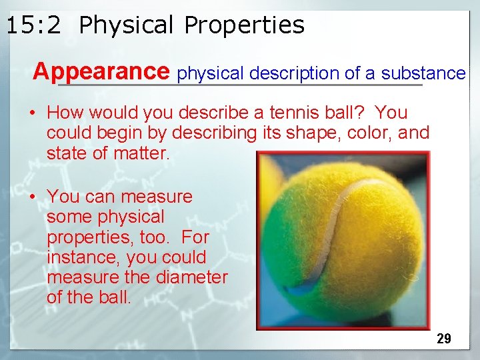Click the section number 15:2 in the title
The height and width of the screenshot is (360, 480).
pos(33,25)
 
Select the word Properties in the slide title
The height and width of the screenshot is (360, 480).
pos(244,25)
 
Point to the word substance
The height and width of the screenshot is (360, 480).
pos(423,73)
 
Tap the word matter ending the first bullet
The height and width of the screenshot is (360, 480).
pos(142,154)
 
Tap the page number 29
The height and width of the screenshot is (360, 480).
pos(444,339)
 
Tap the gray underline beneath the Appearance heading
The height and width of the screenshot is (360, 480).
pos(240,85)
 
